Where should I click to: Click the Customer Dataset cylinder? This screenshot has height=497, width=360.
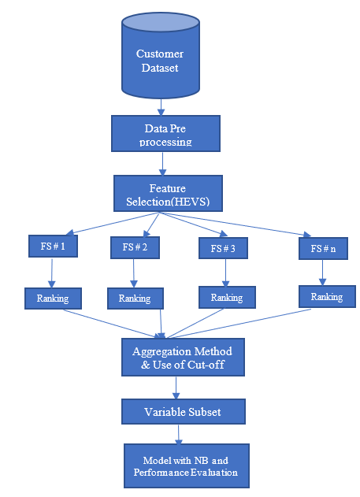pos(161,55)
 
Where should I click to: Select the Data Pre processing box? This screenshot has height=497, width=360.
pos(165,133)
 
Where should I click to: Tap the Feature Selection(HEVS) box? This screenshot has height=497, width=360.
pos(168,193)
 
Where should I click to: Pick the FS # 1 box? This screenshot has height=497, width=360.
pos(53,246)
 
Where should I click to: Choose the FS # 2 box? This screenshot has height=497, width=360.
pos(135,247)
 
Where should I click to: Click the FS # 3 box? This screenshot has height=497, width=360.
pos(223,248)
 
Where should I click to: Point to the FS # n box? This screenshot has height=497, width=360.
pos(323,249)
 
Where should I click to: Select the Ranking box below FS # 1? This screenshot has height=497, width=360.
pos(53,299)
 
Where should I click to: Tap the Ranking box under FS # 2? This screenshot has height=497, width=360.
pos(135,299)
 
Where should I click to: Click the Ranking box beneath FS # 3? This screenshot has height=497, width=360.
pos(227,297)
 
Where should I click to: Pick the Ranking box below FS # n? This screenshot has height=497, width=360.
pos(327,297)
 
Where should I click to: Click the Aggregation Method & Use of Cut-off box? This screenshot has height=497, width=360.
pos(183,358)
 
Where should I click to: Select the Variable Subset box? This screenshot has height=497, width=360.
pos(184,411)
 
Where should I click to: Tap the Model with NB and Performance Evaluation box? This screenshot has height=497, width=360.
pos(187,466)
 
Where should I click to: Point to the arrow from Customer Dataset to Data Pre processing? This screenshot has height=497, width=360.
pos(161,107)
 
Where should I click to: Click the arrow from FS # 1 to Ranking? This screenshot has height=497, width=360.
pos(52,273)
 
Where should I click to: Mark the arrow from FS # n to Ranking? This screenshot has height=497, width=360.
pos(323,273)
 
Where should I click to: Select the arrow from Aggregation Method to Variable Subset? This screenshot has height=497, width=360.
pos(176,388)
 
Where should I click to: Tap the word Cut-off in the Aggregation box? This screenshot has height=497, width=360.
pos(206,365)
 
